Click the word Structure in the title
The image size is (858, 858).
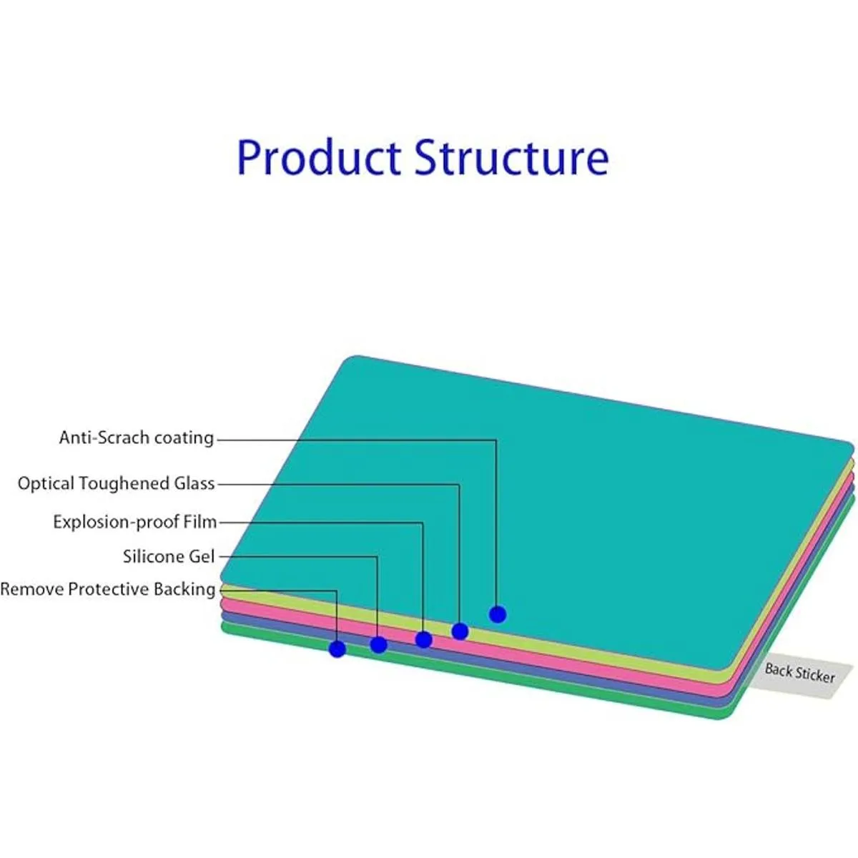tap(511, 157)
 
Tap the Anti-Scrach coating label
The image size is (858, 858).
tap(137, 438)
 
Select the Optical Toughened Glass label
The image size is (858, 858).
tap(116, 483)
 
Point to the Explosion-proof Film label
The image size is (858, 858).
tap(134, 522)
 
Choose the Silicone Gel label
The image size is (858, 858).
tap(169, 556)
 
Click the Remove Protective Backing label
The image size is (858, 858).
tap(107, 589)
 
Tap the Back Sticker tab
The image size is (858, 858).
tap(799, 673)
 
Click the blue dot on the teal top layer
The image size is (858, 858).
tap(498, 614)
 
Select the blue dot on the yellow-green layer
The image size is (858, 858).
tap(460, 631)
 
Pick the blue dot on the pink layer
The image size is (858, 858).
tap(423, 639)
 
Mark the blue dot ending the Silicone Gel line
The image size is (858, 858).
tap(378, 645)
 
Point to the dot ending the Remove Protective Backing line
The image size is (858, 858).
tap(337, 649)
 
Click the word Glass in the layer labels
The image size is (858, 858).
tap(194, 483)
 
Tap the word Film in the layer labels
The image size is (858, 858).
tap(200, 522)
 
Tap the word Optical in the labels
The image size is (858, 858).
tap(46, 484)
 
